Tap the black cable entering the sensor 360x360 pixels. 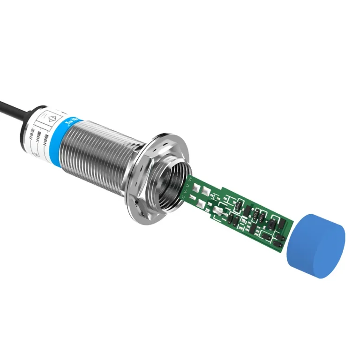(14, 106)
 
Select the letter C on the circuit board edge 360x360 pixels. (182, 197)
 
